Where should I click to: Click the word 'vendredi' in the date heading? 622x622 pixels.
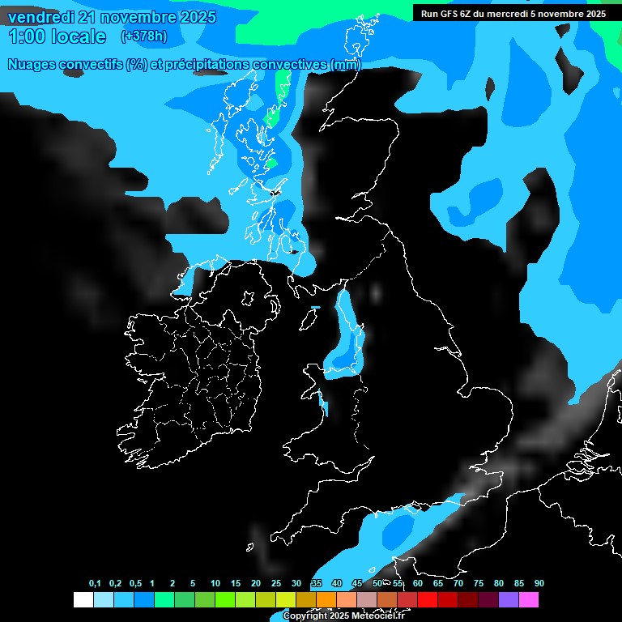(x=41, y=17)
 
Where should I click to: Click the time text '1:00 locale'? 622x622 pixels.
(x=57, y=36)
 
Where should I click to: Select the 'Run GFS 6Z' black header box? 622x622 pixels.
(x=513, y=13)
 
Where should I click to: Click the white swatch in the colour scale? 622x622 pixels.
(x=83, y=600)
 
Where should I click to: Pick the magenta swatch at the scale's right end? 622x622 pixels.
(x=529, y=600)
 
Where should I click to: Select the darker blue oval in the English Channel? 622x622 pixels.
(x=398, y=531)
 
